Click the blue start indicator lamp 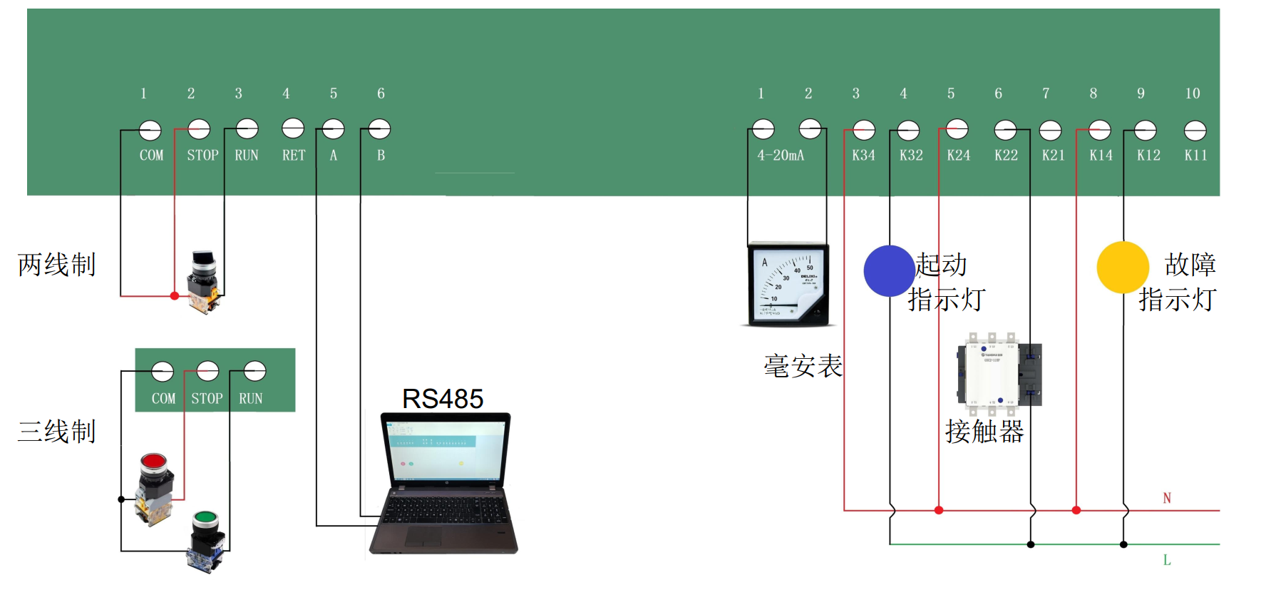[889, 271]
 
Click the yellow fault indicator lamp [1123, 268]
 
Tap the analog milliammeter [788, 285]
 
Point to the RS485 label [443, 399]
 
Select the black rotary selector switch [204, 281]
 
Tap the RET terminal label [293, 156]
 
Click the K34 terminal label [863, 156]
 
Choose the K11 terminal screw [1195, 131]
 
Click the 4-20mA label [781, 156]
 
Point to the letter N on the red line [1167, 498]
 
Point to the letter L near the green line [1167, 560]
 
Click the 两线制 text [56, 265]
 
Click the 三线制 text [56, 432]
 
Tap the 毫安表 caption [803, 366]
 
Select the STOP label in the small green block [207, 399]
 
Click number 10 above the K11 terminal [1193, 93]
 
